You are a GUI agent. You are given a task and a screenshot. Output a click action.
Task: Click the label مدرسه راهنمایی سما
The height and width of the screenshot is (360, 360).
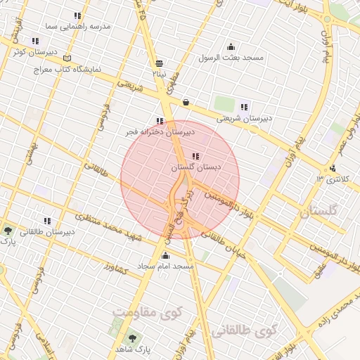click(77, 26)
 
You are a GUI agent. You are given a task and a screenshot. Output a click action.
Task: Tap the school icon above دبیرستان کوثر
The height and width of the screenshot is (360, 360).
click(36, 41)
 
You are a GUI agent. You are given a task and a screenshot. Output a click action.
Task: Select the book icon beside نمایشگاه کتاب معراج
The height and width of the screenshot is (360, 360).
click(67, 58)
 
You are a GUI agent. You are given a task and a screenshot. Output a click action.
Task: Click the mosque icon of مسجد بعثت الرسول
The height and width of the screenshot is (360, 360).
click(231, 46)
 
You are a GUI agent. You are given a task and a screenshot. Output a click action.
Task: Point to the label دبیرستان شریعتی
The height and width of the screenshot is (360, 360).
click(243, 118)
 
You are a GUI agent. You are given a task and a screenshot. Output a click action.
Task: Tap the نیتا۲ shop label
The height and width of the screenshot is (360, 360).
click(160, 72)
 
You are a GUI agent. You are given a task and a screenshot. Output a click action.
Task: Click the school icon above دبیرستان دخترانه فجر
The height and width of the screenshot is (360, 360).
click(160, 120)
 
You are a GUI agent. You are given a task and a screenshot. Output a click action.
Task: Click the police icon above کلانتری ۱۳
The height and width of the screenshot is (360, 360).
click(332, 168)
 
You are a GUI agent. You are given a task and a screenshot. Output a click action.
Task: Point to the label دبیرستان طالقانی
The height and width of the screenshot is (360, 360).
click(47, 231)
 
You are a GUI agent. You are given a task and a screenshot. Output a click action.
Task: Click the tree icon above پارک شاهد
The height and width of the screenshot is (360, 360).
click(117, 337)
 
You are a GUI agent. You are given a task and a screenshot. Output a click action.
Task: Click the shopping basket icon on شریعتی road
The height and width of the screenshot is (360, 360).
click(185, 102)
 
